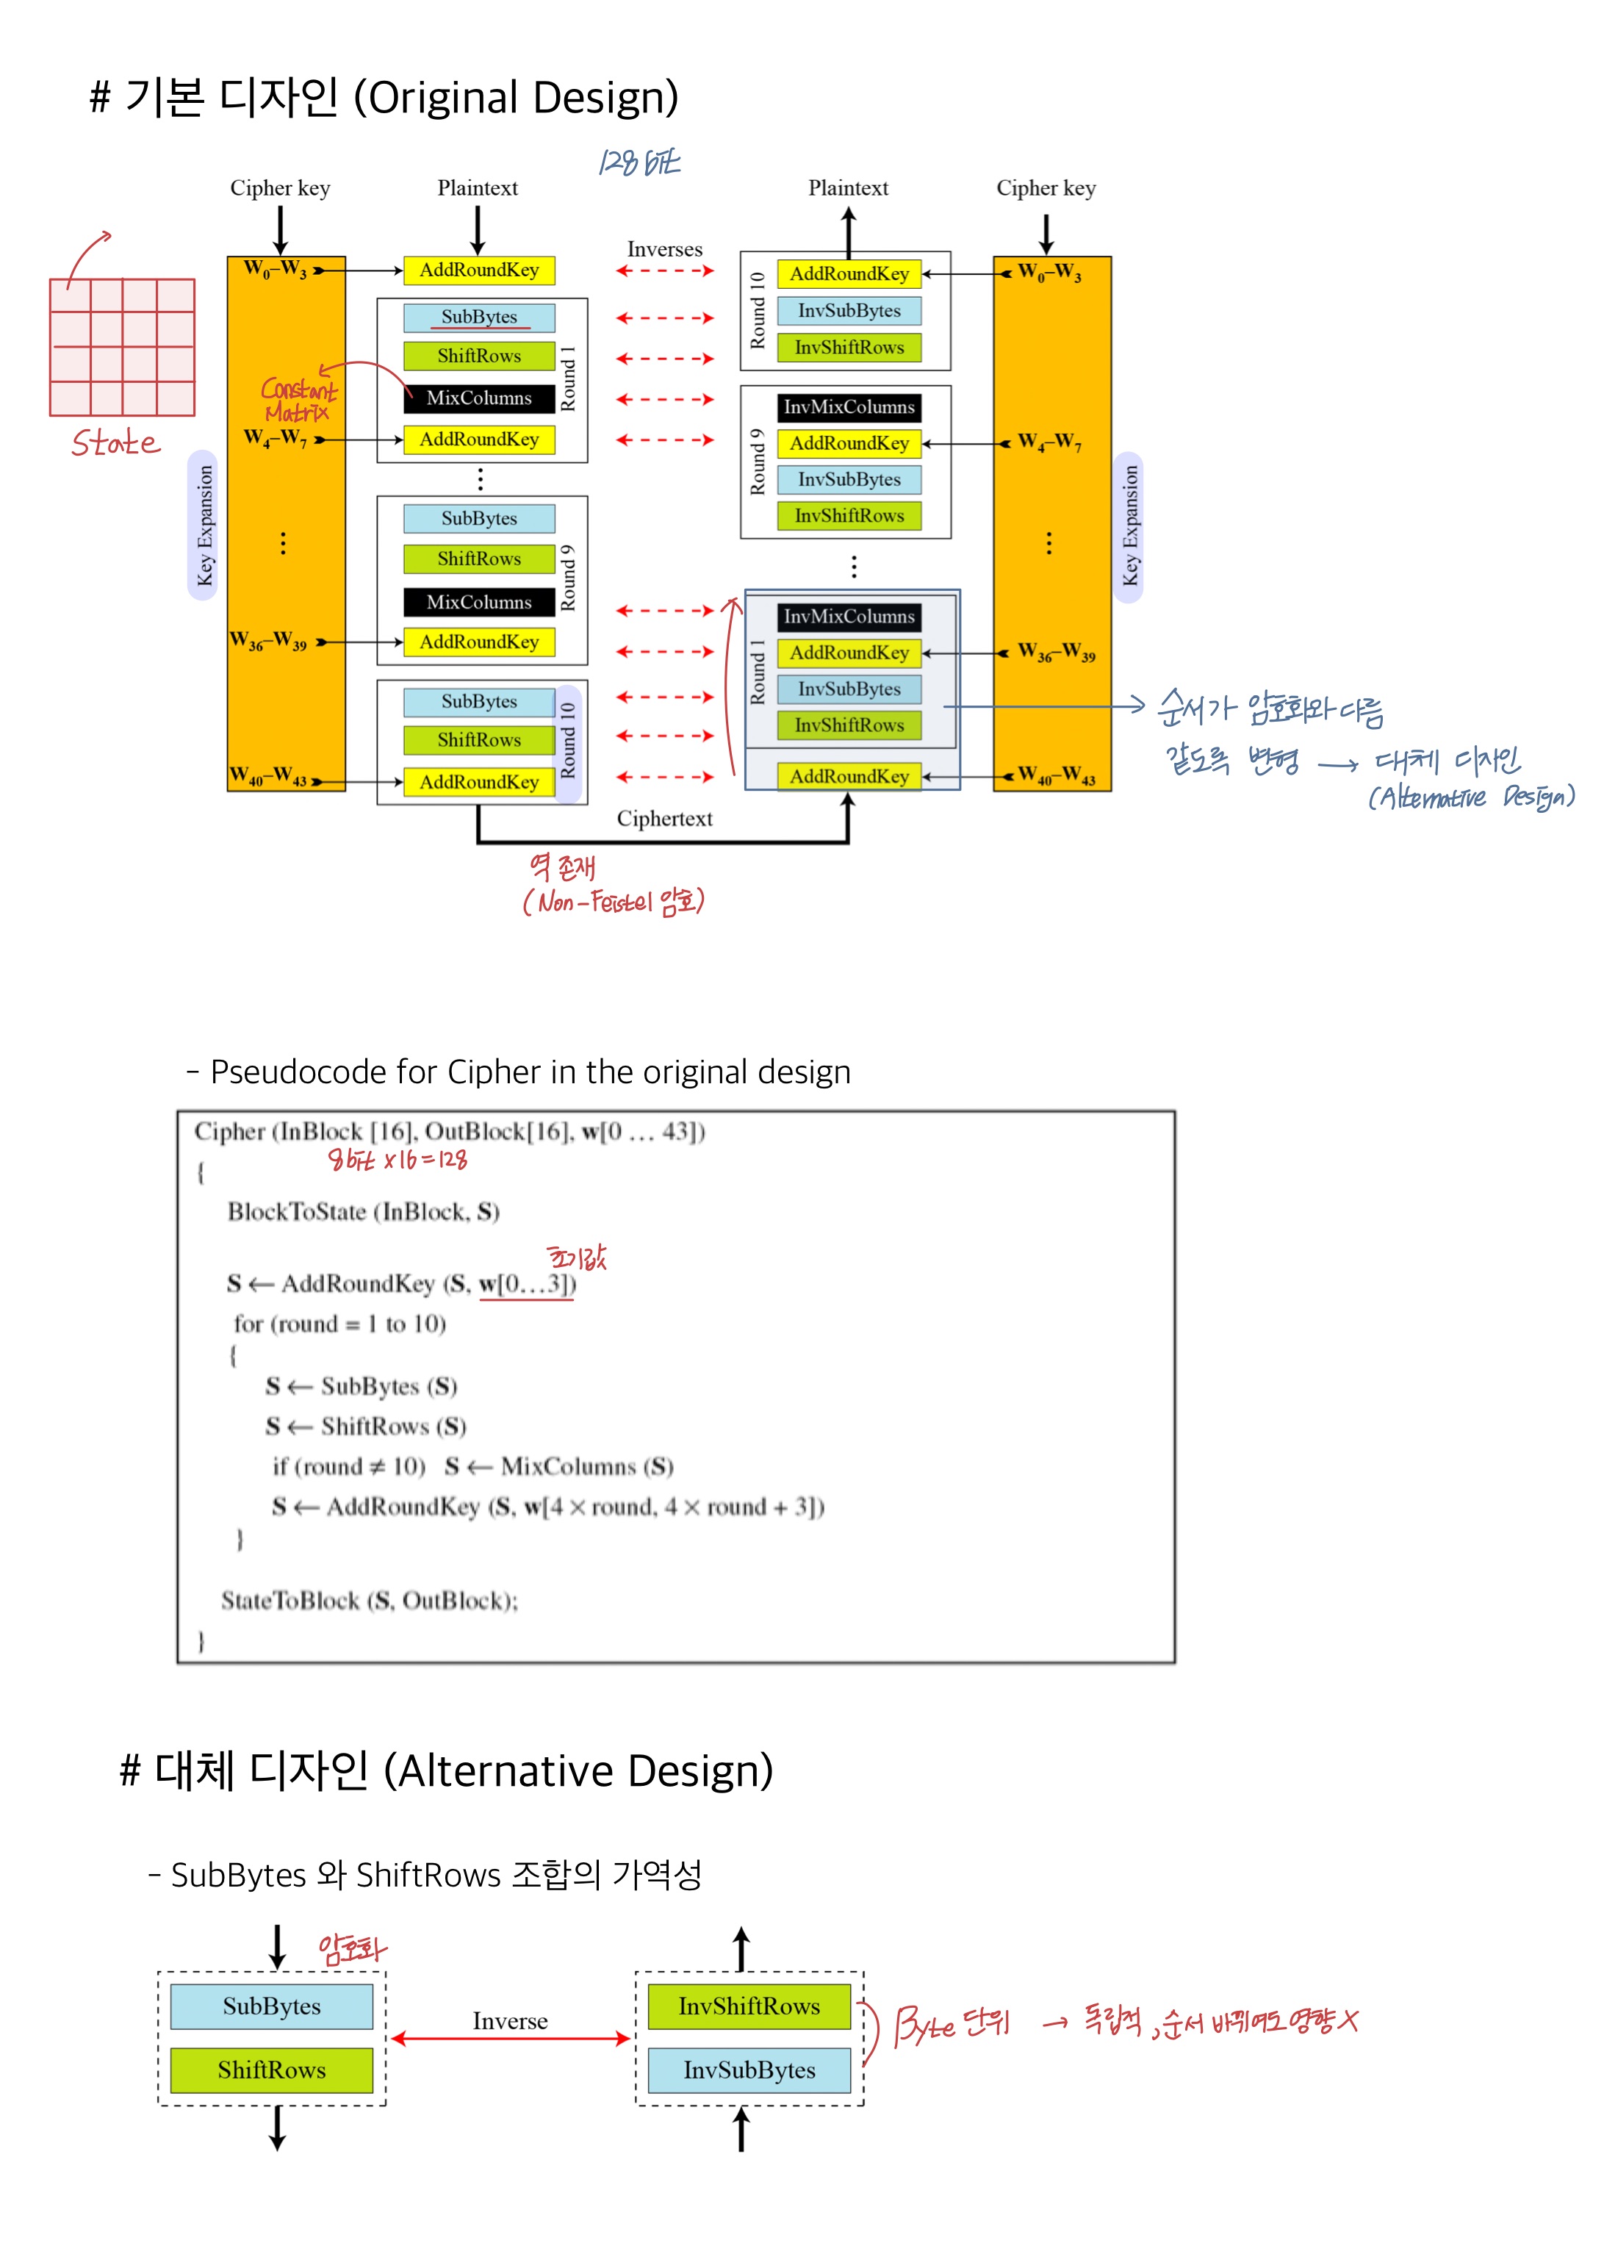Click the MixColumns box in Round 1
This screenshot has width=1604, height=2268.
coord(479,398)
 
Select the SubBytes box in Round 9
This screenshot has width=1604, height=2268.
coord(479,519)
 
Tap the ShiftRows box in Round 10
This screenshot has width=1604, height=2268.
coord(479,740)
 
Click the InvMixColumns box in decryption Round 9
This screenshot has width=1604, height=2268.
coord(849,407)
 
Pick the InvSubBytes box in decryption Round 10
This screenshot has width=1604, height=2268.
coord(849,311)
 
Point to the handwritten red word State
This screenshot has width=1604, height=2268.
coord(115,442)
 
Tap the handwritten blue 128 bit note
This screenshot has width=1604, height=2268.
coord(639,162)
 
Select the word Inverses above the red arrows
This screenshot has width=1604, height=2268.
coord(665,249)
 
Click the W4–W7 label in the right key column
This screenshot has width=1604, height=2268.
coord(1049,442)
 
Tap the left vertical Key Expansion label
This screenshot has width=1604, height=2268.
coord(204,525)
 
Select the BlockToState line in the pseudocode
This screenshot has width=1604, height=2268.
coord(364,1212)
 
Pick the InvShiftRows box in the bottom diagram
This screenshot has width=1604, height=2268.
coord(749,2006)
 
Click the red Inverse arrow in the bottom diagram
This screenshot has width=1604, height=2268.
coord(510,2038)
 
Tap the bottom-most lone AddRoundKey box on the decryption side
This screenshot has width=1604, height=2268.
coord(849,776)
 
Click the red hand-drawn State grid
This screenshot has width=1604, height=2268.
coord(123,347)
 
